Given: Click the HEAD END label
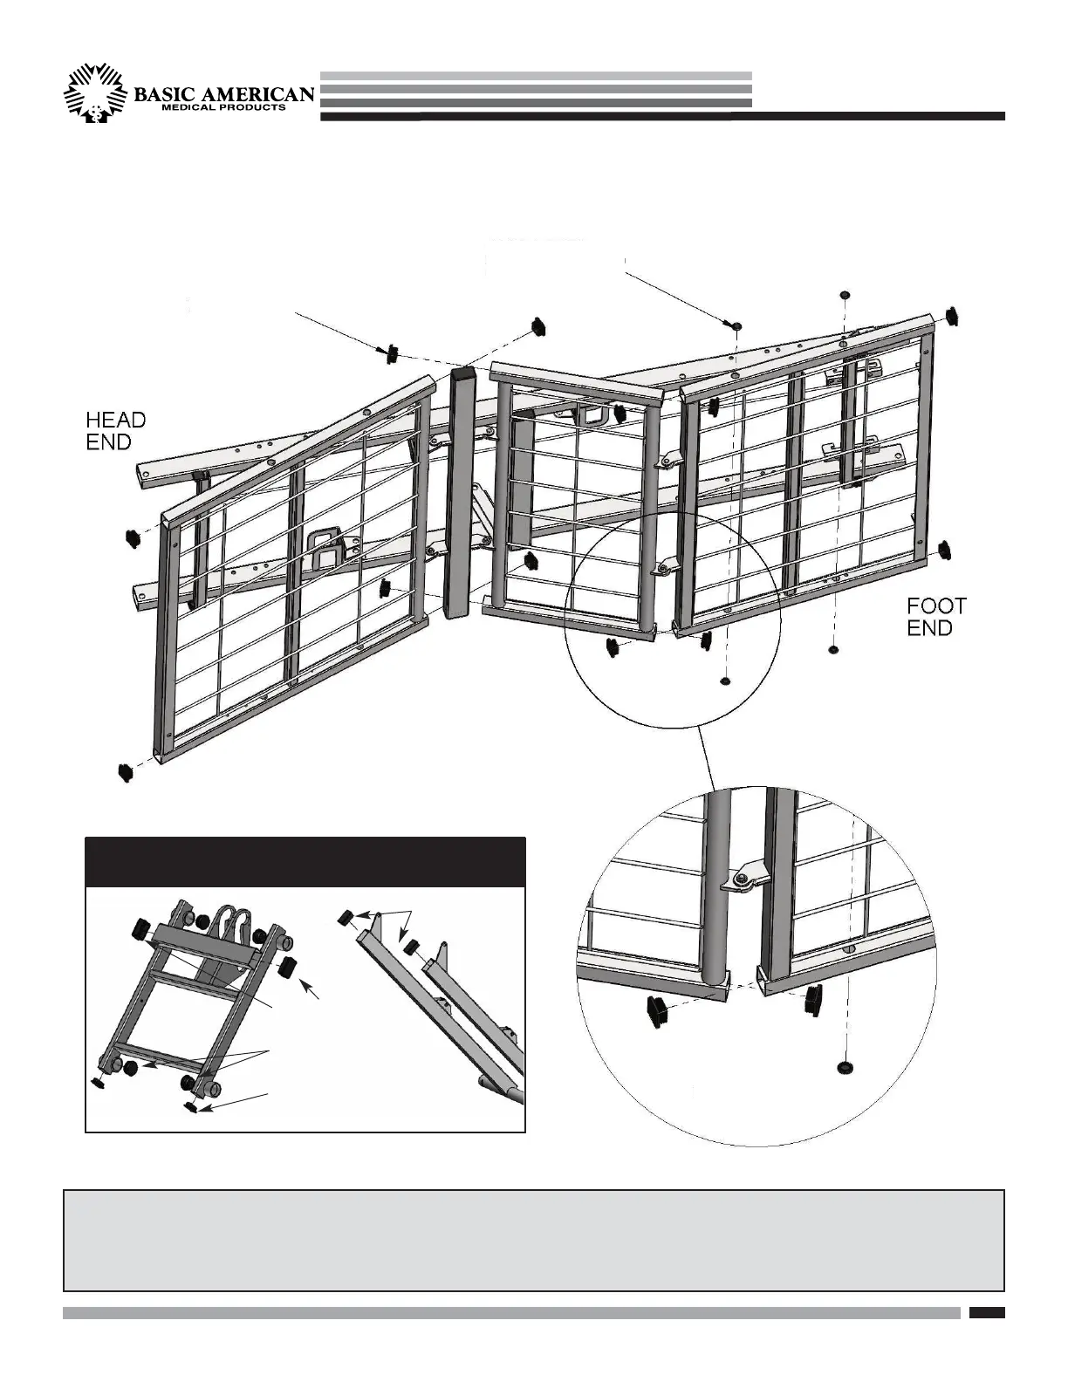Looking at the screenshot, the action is tap(115, 431).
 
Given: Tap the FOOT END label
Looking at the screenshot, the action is tap(936, 616).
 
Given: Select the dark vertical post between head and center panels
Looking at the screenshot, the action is tap(462, 493).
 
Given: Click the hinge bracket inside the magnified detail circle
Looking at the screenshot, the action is tap(743, 882).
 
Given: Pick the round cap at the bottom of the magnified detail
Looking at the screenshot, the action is tap(845, 1068).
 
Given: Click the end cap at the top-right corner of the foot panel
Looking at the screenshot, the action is tap(952, 315).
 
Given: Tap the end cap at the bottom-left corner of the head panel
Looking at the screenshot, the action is tap(127, 772).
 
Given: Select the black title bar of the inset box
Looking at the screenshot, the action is tap(305, 862).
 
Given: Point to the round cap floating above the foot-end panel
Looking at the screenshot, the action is tap(844, 294).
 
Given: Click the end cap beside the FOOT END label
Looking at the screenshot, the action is tap(945, 549).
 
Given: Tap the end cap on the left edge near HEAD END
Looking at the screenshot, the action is tap(133, 537).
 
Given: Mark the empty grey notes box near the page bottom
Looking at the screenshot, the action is tap(533, 1239).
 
